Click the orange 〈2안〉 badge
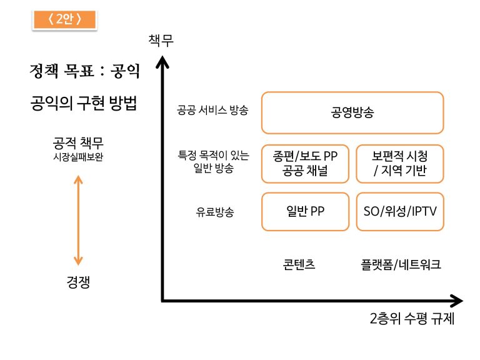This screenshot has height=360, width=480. point(64,19)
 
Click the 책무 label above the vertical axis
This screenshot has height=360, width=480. point(161,40)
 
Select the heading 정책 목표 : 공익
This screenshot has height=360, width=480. point(84,71)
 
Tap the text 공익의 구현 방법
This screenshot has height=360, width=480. point(83,103)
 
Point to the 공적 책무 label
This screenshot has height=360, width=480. point(78,143)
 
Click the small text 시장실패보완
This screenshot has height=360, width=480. point(78,157)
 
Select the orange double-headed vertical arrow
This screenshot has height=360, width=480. point(78,220)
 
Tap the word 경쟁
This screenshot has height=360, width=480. point(78,282)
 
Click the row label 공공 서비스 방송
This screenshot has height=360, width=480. point(212,110)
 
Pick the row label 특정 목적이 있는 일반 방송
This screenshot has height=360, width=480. point(213,162)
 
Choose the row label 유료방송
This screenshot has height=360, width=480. point(215,211)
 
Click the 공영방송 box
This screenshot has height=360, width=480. point(352,112)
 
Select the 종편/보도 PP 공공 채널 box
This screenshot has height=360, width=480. point(305,164)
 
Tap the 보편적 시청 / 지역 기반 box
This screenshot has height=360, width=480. point(400,164)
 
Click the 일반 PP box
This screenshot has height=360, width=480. point(305,211)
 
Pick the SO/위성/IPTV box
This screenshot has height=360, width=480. point(400,211)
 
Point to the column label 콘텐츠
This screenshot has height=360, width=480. point(299,264)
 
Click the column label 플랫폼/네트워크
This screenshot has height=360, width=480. point(401,264)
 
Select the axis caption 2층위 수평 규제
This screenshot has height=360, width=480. point(412,318)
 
